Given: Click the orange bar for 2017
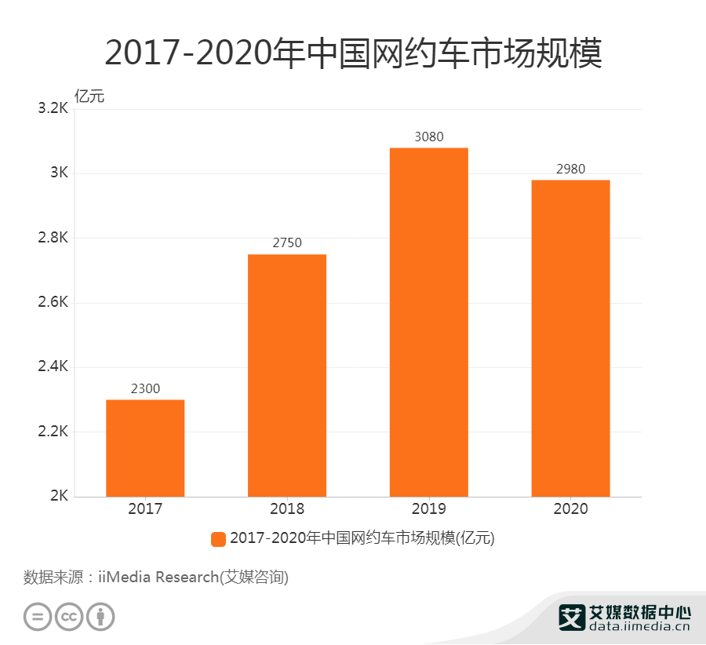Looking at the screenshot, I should (x=145, y=448).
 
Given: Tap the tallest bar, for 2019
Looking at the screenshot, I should (x=429, y=322).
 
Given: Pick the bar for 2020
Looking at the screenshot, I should (x=570, y=338).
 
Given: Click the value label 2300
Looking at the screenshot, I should (x=145, y=388).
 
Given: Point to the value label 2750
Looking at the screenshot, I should (x=287, y=243).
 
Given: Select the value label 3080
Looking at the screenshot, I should (x=429, y=137).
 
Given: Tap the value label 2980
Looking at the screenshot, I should (x=570, y=169).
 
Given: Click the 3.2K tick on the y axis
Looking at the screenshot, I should (x=53, y=109).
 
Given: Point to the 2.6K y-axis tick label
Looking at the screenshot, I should (x=53, y=303).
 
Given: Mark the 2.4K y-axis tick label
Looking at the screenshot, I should (x=53, y=367).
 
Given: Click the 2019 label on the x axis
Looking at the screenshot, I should (x=429, y=509).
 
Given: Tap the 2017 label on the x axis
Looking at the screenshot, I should (x=145, y=509).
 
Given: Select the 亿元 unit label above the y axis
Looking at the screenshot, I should (x=89, y=97).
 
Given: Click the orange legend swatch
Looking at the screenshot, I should (x=218, y=539).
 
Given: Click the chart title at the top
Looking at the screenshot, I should (x=353, y=53).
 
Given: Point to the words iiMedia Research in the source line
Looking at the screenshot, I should (x=157, y=578).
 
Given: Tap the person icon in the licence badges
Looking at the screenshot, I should (x=100, y=616).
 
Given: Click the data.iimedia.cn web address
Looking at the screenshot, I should (x=639, y=627).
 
